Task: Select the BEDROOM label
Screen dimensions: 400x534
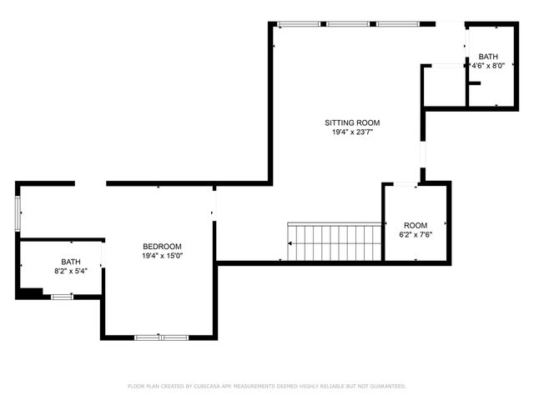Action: [x=162, y=246]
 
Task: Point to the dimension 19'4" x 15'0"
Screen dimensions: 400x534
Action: [x=162, y=256]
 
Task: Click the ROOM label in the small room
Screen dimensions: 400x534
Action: [x=416, y=225]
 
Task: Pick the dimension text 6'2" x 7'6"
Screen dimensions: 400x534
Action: [x=416, y=235]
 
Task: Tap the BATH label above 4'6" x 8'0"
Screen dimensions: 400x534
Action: [x=488, y=57]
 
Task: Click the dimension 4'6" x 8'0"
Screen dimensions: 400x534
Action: [x=488, y=67]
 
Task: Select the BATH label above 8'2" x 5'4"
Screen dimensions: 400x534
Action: [x=71, y=262]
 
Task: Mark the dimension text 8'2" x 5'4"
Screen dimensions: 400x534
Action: [x=71, y=271]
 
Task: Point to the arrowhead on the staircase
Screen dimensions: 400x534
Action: [x=290, y=242]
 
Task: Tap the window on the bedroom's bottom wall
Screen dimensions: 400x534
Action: [x=161, y=337]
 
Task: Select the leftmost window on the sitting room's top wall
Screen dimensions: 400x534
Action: [x=298, y=24]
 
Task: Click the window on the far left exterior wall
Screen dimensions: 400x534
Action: [x=18, y=212]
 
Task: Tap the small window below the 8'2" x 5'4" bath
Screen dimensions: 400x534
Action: [x=62, y=296]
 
